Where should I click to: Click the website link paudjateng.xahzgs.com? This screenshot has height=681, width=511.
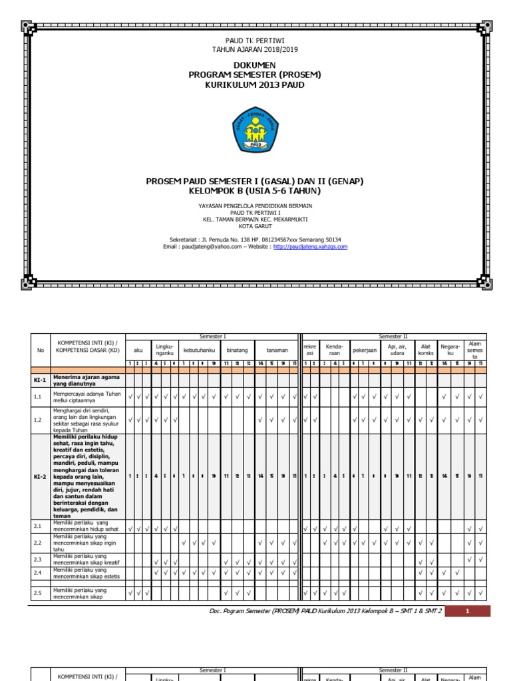pos(310,247)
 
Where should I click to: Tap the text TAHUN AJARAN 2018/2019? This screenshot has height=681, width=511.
pos(255,49)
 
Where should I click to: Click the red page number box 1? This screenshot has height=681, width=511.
pos(467,611)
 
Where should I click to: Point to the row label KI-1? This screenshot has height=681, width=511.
pos(40,380)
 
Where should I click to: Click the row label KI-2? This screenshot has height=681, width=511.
pos(40,476)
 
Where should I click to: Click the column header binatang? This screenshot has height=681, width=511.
pos(238,349)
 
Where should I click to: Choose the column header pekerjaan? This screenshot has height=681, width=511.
pos(365,349)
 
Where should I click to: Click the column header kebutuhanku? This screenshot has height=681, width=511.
pos(198,349)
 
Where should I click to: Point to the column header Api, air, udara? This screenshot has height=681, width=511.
pos(397,349)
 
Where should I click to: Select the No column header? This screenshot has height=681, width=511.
pos(40,349)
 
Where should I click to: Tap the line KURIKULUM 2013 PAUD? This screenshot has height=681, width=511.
pos(255,84)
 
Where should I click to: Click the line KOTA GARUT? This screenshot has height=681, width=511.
pos(255,225)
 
